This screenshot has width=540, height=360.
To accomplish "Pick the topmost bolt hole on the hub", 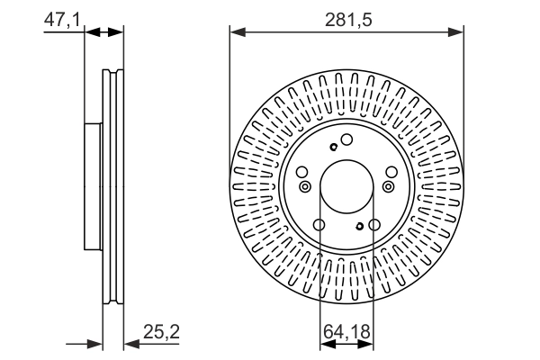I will [346, 139].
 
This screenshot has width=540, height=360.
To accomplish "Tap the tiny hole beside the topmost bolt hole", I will [334, 148].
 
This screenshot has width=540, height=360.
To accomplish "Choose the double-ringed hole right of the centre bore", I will [389, 186].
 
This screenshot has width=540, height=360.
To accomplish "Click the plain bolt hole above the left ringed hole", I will [304, 172].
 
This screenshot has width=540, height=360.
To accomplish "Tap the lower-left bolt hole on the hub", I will [319, 225].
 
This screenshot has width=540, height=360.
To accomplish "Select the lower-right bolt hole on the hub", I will [373, 225].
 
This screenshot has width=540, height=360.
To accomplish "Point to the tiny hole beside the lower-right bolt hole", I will [360, 226].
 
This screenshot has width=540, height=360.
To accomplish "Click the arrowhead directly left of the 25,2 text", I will [130, 343].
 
